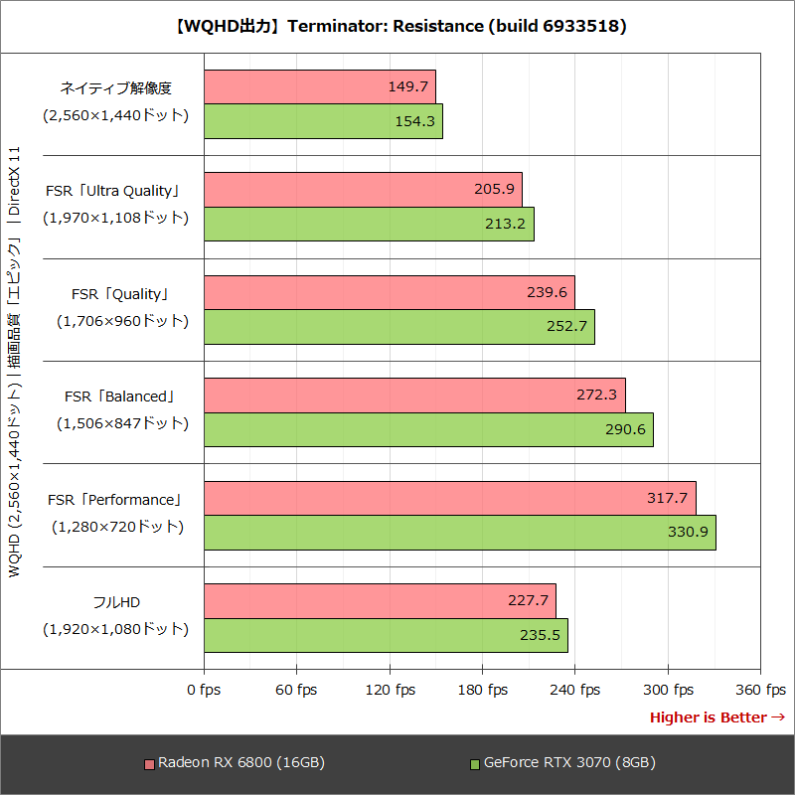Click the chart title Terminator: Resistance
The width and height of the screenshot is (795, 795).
[397, 27]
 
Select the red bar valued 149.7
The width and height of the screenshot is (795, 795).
[319, 86]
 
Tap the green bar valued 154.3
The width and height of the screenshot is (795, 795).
[323, 121]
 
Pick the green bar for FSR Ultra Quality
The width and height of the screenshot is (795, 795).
[369, 224]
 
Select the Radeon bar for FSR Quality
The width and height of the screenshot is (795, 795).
[389, 292]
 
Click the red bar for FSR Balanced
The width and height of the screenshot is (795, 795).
[414, 395]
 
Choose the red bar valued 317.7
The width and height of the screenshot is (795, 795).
[449, 498]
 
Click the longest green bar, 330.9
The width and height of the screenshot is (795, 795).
[459, 533]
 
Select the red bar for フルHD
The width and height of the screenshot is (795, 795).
[380, 601]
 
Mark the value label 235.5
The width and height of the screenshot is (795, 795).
[541, 636]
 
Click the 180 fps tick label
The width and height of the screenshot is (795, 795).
[483, 690]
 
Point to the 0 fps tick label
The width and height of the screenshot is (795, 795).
[204, 690]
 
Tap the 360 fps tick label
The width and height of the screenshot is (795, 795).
[761, 690]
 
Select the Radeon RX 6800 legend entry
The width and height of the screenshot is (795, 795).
[235, 763]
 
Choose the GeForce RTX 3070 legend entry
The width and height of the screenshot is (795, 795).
[562, 763]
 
